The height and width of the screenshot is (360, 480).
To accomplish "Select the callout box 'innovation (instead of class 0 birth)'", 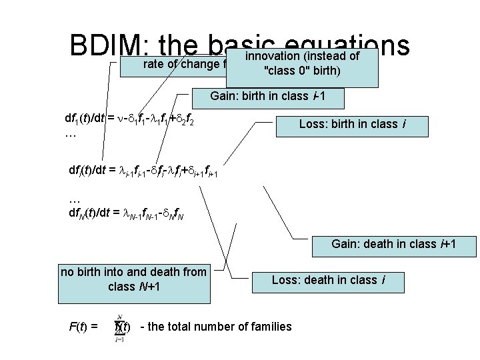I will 302,67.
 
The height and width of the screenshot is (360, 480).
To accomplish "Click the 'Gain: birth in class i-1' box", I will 267,97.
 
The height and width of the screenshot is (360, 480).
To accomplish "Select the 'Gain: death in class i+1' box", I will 394,245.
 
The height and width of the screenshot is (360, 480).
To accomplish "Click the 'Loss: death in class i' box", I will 328,280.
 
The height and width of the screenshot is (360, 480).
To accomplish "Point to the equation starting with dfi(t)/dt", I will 143,171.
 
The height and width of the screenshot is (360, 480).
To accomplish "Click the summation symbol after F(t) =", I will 119,326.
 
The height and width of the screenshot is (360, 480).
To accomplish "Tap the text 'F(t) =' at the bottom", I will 84,327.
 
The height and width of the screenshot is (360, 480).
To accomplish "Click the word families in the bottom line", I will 269,327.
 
